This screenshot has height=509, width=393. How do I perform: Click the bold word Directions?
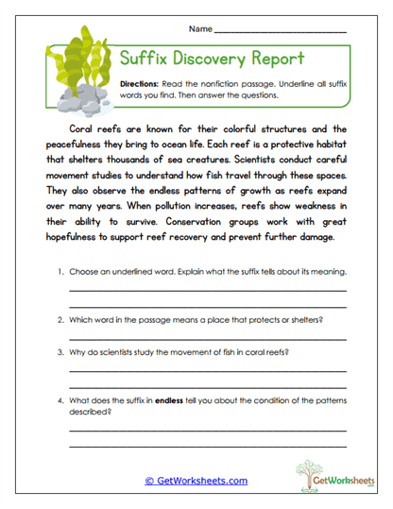point(142,84)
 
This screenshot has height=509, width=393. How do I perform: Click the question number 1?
point(60,272)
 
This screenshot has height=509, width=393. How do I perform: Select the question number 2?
point(60,319)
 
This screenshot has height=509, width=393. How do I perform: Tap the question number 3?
point(60,354)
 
